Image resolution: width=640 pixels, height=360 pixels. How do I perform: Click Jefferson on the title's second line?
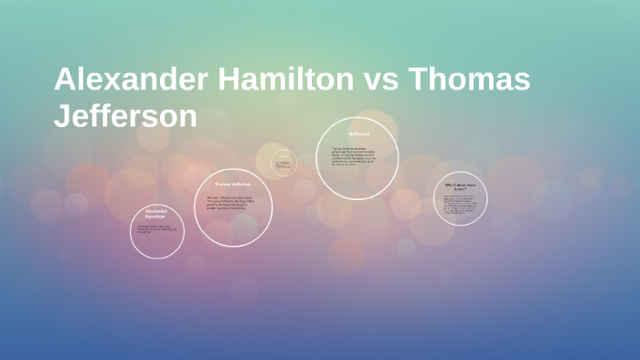[125, 116]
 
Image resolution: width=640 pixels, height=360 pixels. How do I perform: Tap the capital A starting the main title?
[65, 79]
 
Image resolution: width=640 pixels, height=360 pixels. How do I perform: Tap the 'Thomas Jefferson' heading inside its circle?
[233, 185]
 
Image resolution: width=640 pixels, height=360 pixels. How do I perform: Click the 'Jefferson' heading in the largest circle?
[357, 134]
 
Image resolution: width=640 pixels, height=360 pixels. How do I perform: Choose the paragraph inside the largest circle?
[357, 157]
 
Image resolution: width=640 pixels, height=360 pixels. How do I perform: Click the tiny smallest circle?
[283, 164]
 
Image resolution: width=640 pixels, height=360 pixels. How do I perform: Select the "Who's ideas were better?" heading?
[460, 186]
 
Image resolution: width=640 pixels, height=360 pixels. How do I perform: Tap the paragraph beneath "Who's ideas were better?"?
[460, 206]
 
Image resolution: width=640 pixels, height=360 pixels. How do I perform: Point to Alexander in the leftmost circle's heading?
[156, 210]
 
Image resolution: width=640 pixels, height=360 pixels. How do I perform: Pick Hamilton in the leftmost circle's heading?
[156, 217]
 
